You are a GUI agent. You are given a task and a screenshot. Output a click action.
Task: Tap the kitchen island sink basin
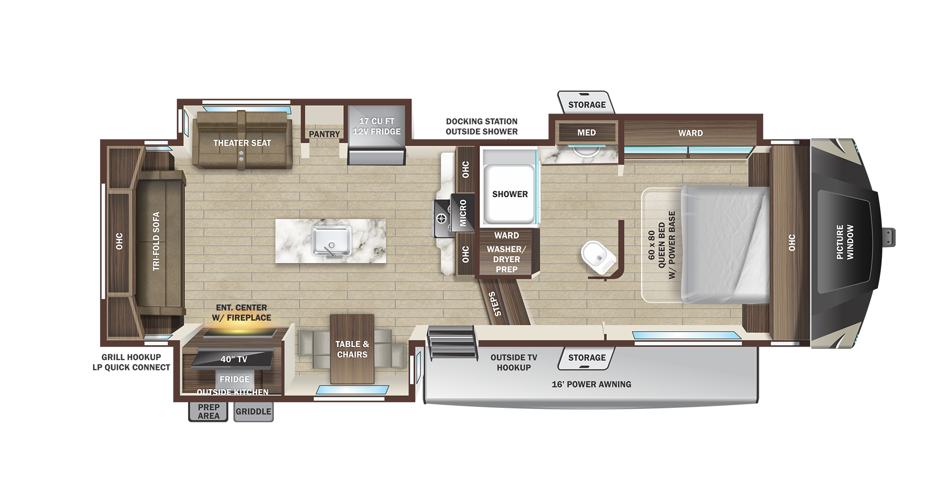click(x=331, y=241)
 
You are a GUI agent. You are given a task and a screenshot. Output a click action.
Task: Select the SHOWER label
click(x=510, y=194)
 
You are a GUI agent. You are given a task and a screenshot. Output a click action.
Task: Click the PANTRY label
click(x=324, y=134)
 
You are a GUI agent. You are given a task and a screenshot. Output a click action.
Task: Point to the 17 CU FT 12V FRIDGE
click(x=377, y=135)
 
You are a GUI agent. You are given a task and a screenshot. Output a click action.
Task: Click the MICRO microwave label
click(x=463, y=213)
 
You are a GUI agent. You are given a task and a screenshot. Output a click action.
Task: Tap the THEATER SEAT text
click(x=242, y=143)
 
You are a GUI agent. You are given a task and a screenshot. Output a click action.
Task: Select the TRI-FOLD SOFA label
click(x=156, y=241)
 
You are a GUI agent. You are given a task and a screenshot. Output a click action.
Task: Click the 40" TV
click(x=232, y=359)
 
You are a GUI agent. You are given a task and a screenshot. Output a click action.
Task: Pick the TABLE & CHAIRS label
click(x=352, y=349)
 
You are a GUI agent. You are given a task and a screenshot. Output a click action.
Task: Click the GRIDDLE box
click(x=253, y=411)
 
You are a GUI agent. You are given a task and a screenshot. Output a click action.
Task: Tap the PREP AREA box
click(x=208, y=411)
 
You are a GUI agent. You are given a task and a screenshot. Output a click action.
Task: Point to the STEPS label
click(x=494, y=304)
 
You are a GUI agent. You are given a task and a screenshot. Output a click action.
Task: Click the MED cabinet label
click(x=586, y=133)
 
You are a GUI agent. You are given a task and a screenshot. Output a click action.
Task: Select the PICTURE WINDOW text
click(x=845, y=241)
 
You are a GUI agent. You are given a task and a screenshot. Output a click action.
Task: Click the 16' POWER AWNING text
click(x=591, y=384)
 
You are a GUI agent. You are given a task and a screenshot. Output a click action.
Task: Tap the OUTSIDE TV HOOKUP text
click(x=514, y=362)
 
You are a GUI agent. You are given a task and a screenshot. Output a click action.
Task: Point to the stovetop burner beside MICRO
click(x=441, y=219)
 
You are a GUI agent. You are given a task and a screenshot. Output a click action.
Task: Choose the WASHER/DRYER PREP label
click(x=507, y=259)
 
